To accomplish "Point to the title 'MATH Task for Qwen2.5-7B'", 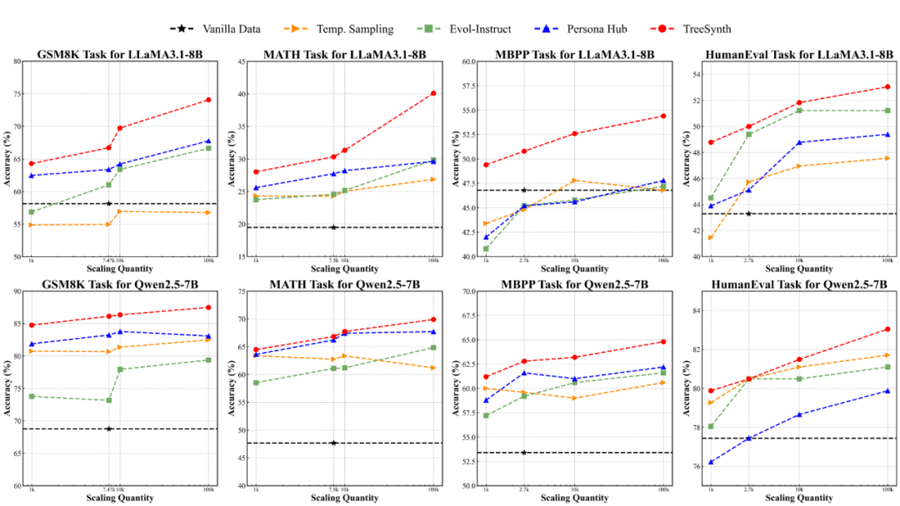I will tap(344, 285).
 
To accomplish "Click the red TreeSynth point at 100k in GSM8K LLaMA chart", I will tap(208, 100).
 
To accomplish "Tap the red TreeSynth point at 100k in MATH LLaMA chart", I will tap(433, 93).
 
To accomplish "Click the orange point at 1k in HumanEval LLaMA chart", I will tap(711, 237).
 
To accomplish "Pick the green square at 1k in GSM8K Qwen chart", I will tap(32, 396).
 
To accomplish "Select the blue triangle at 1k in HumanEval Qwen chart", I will tap(711, 462).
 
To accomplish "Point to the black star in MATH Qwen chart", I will tap(333, 443).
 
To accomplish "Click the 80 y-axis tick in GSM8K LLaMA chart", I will tap(17, 62).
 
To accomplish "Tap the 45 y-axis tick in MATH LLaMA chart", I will tap(241, 62).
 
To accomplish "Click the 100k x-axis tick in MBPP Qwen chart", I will tap(663, 489).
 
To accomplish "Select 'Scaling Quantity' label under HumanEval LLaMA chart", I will tap(799, 269).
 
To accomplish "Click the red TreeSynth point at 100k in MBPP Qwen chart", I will tap(663, 341).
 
